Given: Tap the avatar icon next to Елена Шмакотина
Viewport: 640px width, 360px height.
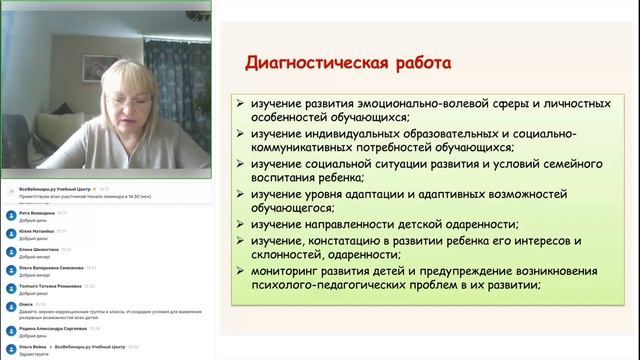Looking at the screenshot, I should [11, 251].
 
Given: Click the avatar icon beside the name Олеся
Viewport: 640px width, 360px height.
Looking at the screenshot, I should [11, 304].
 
